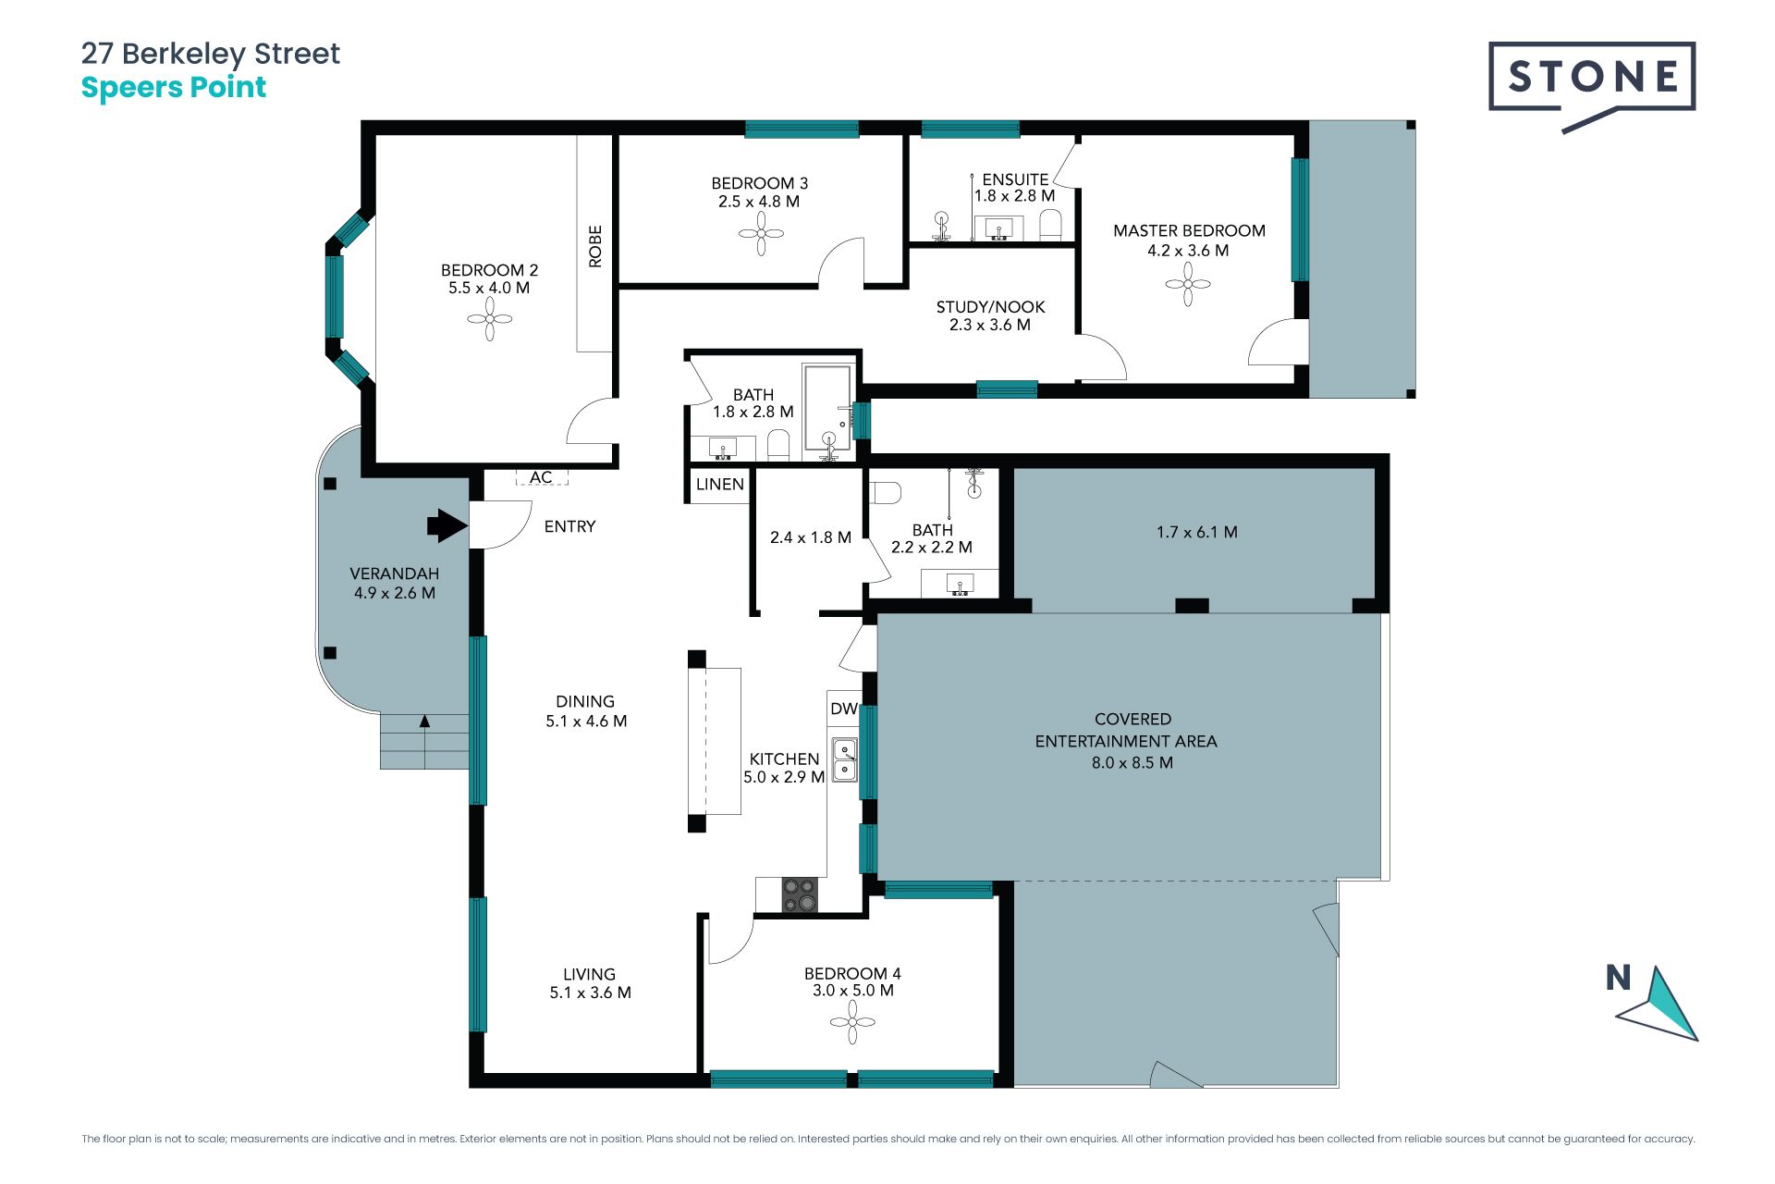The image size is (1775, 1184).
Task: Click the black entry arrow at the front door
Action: (447, 525)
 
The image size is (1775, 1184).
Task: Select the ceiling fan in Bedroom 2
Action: (489, 320)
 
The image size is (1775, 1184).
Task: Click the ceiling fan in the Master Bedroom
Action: (1188, 284)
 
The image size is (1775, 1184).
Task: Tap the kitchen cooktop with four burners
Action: (800, 894)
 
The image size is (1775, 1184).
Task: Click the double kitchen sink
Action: (845, 759)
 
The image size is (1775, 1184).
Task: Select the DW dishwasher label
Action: (844, 709)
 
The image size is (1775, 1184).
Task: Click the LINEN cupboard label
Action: (720, 484)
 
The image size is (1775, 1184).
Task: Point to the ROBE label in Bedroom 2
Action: (595, 246)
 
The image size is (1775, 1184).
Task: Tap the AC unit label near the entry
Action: (541, 477)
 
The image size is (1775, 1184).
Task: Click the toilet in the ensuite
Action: (1051, 225)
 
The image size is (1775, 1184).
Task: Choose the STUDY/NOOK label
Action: (990, 307)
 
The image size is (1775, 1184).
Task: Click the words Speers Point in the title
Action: (174, 88)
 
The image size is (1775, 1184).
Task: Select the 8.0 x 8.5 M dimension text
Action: (1132, 763)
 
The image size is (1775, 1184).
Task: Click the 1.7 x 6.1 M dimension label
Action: (1197, 532)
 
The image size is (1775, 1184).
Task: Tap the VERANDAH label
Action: (395, 573)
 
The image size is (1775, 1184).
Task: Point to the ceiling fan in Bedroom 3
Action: (761, 233)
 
